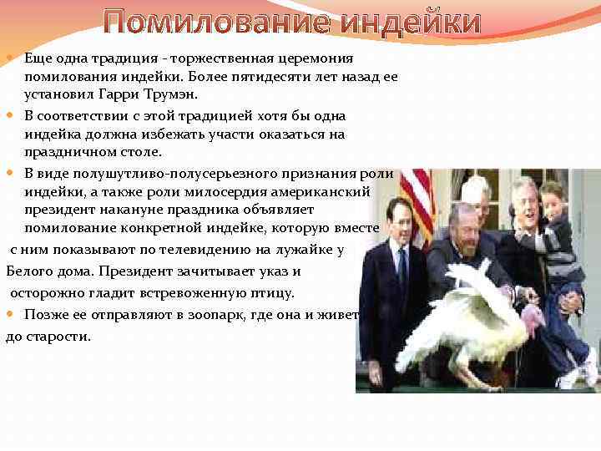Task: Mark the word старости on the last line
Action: coord(59,337)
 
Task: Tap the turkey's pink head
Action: coord(532,319)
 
